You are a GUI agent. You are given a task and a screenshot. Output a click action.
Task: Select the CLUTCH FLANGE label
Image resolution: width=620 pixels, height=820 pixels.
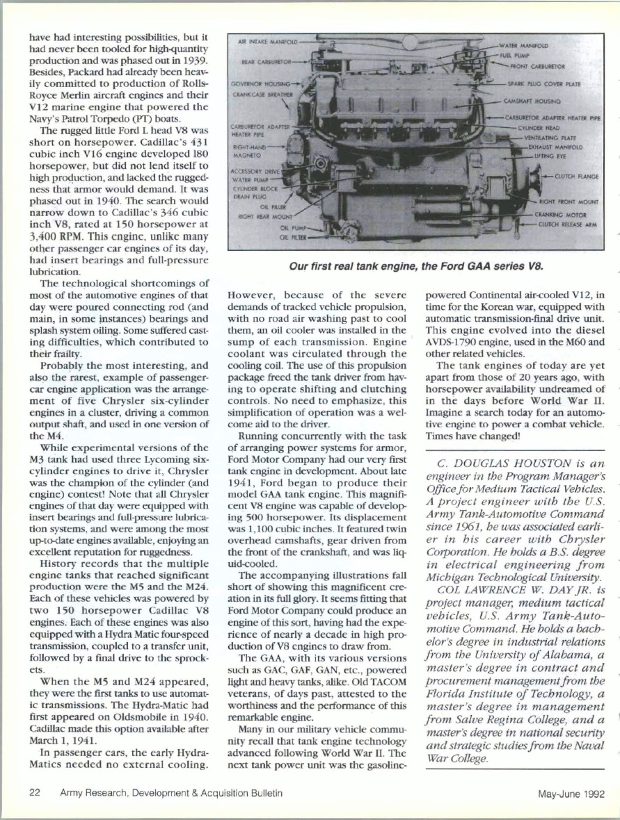click(575, 177)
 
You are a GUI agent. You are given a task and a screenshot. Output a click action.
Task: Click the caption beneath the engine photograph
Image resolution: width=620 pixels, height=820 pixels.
click(415, 265)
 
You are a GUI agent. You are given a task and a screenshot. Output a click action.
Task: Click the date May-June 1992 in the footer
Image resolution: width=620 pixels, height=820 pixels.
click(571, 793)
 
